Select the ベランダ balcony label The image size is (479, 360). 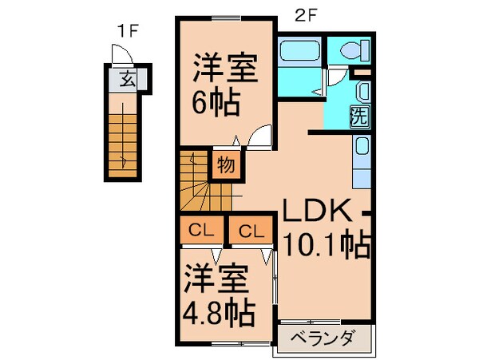[323, 338]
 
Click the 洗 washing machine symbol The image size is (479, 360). [359, 115]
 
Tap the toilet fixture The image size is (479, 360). [351, 49]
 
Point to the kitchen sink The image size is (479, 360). [362, 148]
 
